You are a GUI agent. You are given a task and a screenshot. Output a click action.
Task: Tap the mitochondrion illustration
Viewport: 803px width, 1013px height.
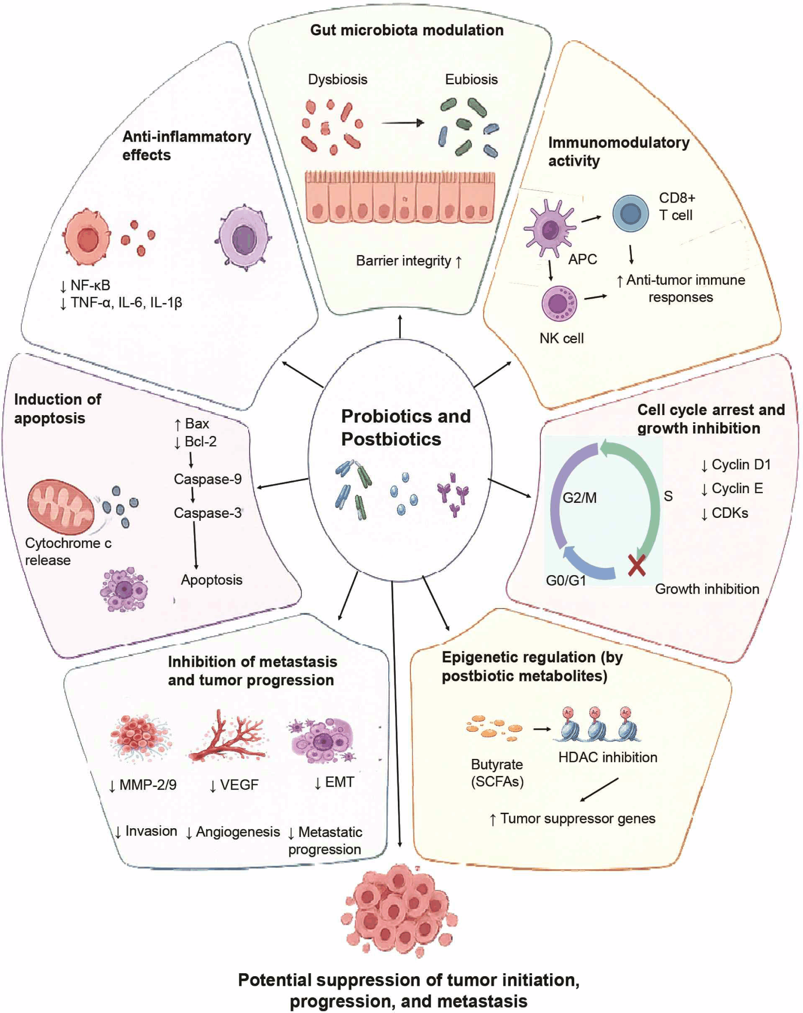61,507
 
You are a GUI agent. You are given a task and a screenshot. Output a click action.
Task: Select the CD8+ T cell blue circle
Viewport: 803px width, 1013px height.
630,213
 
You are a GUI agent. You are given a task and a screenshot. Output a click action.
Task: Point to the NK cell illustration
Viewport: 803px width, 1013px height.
559,303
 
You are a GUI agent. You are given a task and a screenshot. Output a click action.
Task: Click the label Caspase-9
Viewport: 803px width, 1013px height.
207,479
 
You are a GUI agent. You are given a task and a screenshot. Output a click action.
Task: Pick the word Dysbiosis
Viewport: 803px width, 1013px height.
337,79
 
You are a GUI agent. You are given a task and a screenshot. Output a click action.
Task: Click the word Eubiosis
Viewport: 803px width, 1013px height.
471,79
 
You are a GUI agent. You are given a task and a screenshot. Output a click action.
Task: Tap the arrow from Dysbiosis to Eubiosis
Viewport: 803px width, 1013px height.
403,123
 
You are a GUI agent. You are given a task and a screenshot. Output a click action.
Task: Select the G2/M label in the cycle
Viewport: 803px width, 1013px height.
579,498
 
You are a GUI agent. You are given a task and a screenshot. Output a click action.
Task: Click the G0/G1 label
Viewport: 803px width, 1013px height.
566,580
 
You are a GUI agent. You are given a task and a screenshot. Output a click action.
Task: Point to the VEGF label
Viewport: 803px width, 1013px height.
234,785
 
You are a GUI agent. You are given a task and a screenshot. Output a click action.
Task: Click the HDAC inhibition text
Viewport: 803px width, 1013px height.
607,757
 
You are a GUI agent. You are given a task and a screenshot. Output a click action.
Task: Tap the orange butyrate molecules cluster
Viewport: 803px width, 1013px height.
494,728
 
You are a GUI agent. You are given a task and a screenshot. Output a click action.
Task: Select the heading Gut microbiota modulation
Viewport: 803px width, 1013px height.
407,30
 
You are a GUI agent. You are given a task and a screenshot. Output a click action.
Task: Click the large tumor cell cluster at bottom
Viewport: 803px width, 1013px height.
398,911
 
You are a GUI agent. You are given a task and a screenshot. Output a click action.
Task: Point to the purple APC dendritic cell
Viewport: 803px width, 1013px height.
550,229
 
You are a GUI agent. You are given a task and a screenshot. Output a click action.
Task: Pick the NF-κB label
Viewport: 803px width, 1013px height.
85,285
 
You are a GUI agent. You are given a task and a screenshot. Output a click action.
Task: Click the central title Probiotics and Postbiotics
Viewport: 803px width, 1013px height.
405,427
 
